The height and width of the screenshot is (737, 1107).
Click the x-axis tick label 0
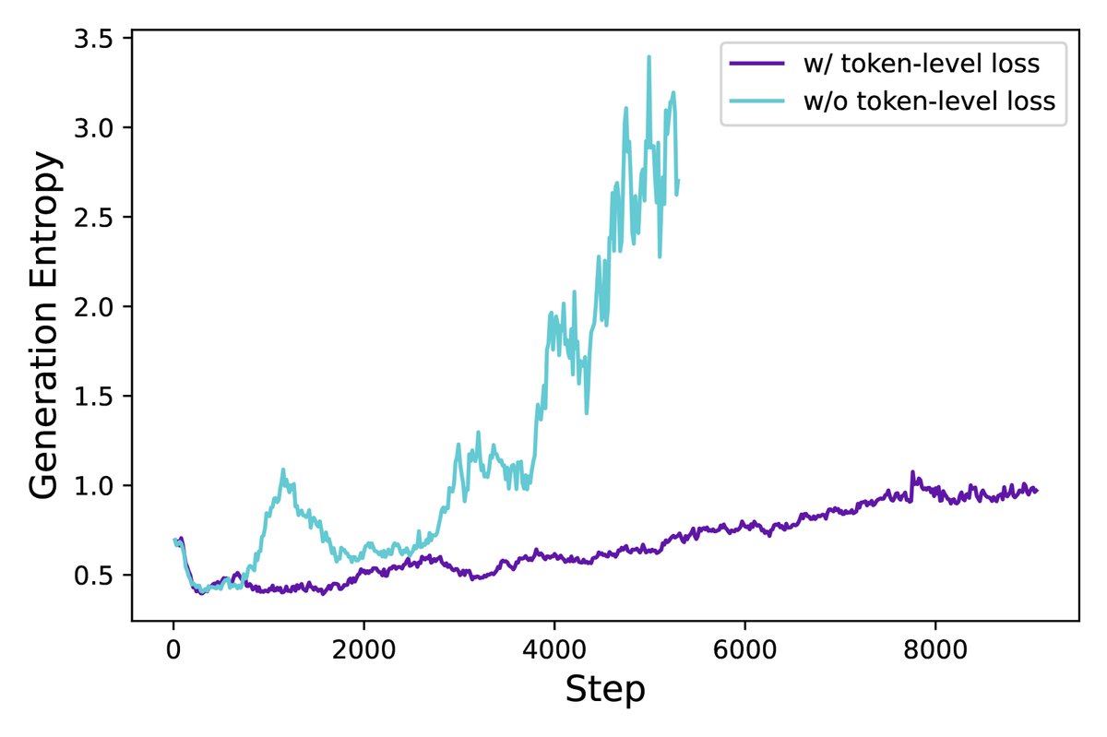pos(173,644)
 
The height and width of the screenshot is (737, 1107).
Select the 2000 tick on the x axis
pos(363,644)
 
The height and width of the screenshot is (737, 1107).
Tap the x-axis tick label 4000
pos(554,644)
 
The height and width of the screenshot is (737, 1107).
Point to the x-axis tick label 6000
pos(744,644)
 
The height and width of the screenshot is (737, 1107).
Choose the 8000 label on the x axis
pos(935,644)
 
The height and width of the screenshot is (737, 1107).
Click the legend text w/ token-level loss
pos(921,65)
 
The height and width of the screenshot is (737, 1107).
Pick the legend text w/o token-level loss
pos(927,101)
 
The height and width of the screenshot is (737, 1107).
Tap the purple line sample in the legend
pos(757,65)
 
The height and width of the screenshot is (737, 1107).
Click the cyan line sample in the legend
pos(757,101)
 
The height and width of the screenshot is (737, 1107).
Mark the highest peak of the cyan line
pos(649,56)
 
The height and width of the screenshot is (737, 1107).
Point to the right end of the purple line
pos(1037,490)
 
